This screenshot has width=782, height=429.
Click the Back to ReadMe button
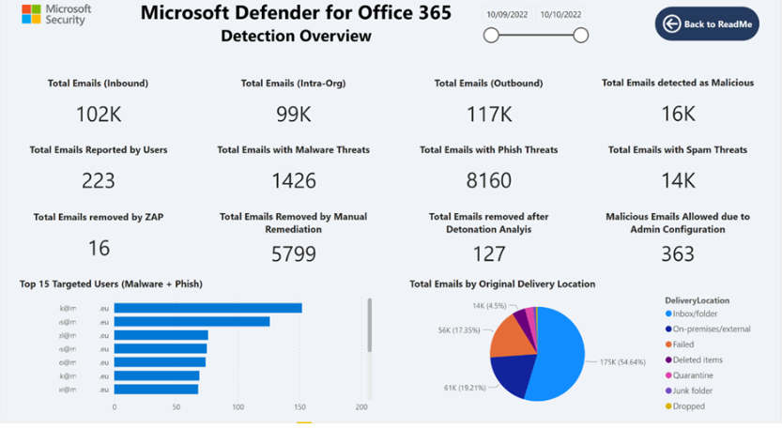(707, 23)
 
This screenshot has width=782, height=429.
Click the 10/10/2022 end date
(561, 15)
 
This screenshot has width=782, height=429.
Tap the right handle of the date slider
(580, 36)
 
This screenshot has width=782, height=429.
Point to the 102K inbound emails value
(99, 114)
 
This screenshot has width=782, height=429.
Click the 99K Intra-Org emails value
(293, 114)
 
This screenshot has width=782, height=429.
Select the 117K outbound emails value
(488, 114)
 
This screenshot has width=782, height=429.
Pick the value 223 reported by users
(99, 180)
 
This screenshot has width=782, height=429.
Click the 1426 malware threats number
(293, 180)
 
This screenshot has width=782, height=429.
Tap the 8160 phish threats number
(488, 180)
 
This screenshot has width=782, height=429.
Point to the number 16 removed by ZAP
(99, 248)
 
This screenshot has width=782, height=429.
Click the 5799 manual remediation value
(293, 253)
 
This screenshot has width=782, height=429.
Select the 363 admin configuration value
(677, 253)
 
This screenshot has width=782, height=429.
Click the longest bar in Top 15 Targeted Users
(207, 308)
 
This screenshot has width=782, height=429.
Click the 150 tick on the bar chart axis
(299, 407)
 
